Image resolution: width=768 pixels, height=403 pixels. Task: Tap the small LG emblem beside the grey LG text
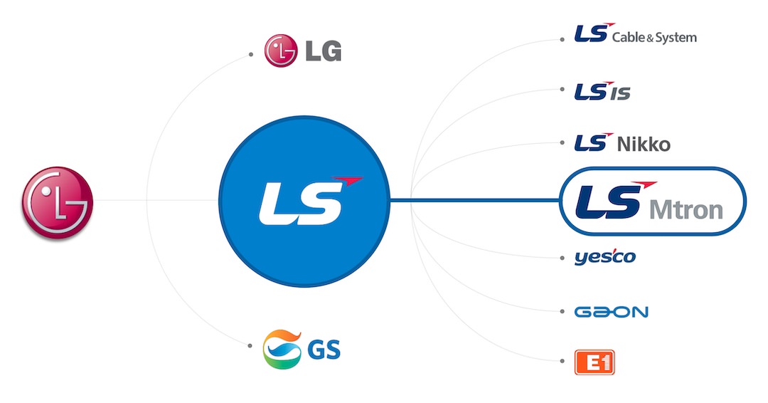click(280, 51)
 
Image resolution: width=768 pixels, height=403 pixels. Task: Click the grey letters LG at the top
click(323, 52)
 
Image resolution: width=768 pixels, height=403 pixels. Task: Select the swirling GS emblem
click(282, 349)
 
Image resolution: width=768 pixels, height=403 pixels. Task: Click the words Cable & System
click(654, 37)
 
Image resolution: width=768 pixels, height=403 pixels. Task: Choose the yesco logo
click(604, 257)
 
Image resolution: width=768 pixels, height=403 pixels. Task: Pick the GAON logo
click(611, 311)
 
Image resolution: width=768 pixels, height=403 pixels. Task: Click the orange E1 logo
click(594, 363)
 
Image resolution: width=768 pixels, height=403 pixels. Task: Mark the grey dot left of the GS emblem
click(250, 346)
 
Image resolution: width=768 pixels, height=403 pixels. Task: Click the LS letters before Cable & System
click(591, 35)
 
